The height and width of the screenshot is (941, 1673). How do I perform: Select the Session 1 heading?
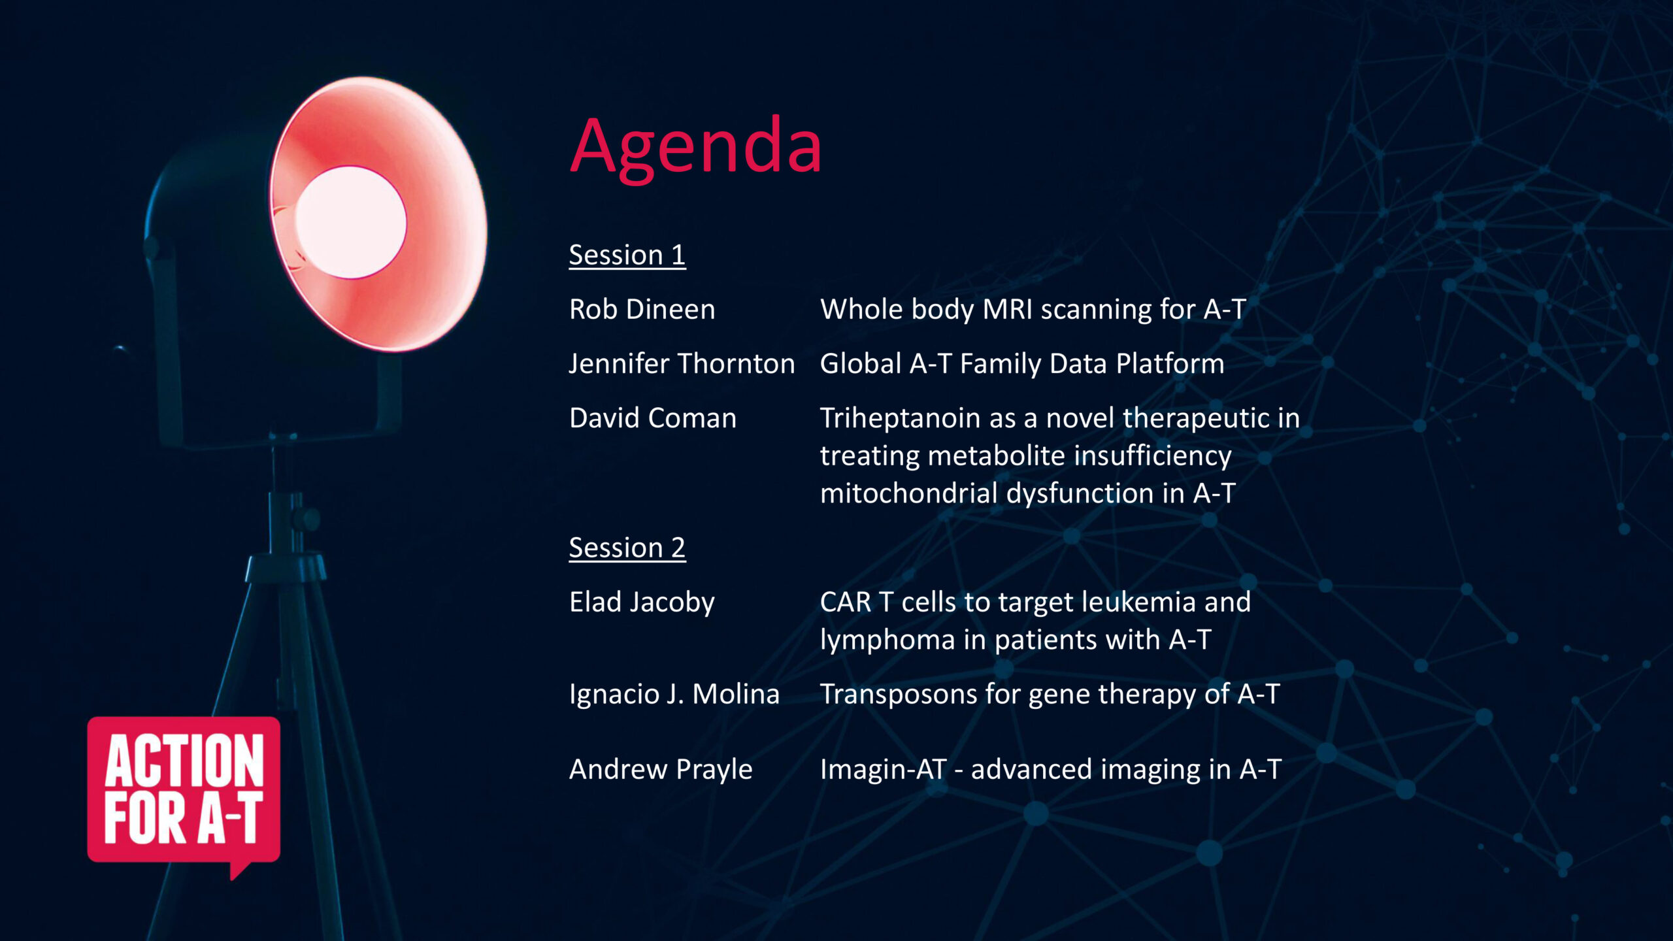pyautogui.click(x=627, y=255)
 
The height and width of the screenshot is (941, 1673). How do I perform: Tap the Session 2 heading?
pyautogui.click(x=627, y=548)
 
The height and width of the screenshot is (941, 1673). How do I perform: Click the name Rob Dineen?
pyautogui.click(x=642, y=309)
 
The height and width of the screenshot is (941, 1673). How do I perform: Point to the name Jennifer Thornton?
pyautogui.click(x=682, y=363)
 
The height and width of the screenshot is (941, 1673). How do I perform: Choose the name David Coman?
pyautogui.click(x=652, y=418)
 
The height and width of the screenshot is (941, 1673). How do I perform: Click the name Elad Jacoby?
pyautogui.click(x=642, y=602)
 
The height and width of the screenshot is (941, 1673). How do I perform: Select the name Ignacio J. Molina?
pyautogui.click(x=674, y=694)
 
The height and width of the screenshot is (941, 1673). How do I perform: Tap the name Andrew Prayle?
pyautogui.click(x=660, y=769)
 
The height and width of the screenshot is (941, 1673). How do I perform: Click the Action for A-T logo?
pyautogui.click(x=184, y=791)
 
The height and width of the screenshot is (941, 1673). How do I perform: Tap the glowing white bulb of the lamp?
pyautogui.click(x=350, y=222)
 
